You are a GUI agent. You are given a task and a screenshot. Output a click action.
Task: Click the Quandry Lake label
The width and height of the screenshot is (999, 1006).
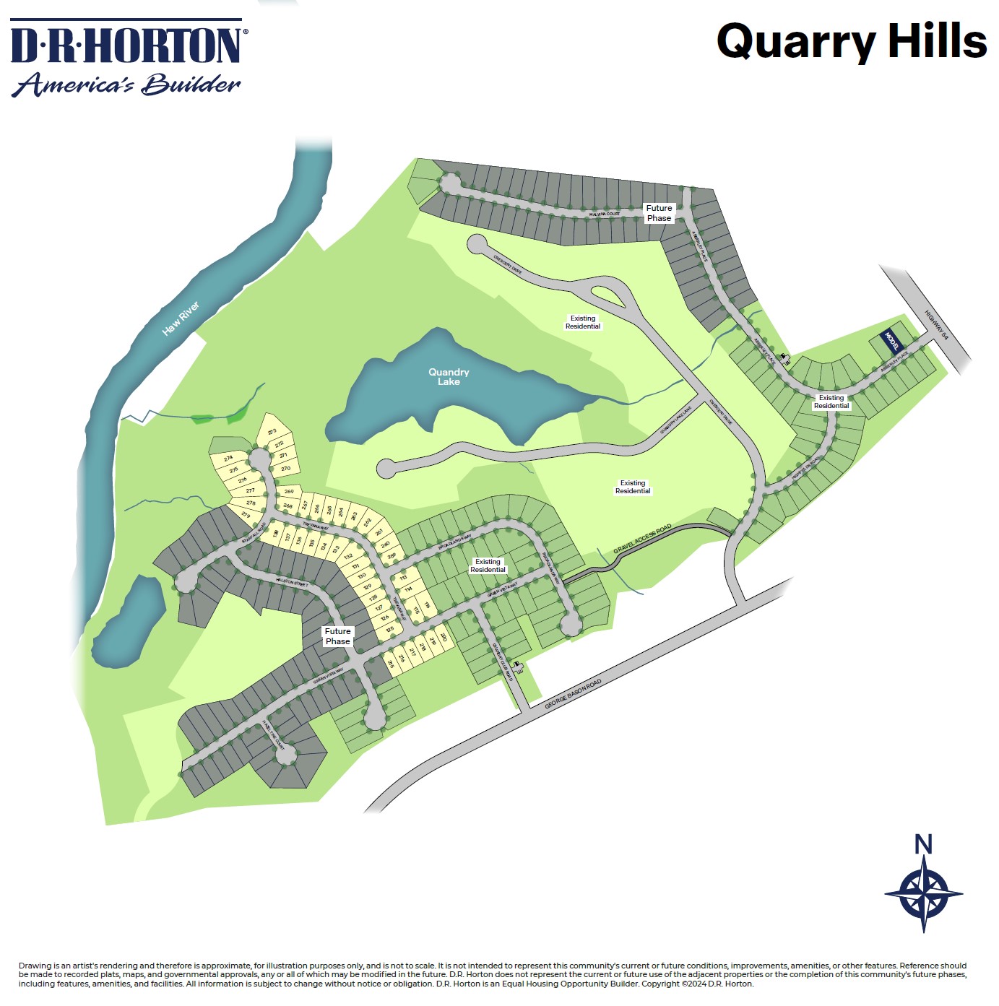(x=449, y=377)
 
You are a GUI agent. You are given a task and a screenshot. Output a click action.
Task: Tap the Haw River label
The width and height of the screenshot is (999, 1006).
(x=181, y=318)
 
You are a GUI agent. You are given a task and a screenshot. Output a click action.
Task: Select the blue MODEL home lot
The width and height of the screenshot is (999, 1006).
(x=891, y=339)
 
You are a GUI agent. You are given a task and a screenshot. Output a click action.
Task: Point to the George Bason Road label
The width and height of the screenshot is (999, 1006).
(x=572, y=694)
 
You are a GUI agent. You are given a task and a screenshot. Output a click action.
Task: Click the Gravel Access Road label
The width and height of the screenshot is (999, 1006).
(x=642, y=539)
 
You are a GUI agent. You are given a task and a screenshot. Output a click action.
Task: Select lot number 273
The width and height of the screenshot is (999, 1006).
(x=272, y=432)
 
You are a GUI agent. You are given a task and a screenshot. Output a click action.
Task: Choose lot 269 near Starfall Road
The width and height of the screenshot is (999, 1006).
(x=289, y=492)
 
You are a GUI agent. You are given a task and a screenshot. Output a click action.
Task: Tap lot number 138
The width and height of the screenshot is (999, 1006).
(x=275, y=534)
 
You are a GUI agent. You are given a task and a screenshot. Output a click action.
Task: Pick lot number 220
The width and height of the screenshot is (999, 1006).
(x=443, y=638)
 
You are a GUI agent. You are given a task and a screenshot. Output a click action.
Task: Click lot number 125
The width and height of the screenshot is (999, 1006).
(x=390, y=629)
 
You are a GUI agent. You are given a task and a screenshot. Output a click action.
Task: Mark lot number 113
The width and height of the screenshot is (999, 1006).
(x=403, y=578)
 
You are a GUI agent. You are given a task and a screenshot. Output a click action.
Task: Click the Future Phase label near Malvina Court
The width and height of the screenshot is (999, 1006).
(x=659, y=213)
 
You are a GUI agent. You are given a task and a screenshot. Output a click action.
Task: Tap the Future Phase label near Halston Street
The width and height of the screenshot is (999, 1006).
(x=337, y=636)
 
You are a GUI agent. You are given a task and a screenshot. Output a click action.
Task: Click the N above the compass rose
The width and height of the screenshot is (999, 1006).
(x=923, y=844)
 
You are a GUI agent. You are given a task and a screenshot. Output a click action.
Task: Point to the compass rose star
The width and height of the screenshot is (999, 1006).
(x=924, y=893)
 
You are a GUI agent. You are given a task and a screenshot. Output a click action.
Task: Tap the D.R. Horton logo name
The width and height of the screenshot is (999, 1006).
(x=128, y=45)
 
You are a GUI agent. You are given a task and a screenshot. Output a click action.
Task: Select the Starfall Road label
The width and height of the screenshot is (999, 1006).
(x=254, y=532)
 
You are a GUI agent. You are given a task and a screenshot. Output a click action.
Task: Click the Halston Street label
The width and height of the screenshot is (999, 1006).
(x=292, y=581)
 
